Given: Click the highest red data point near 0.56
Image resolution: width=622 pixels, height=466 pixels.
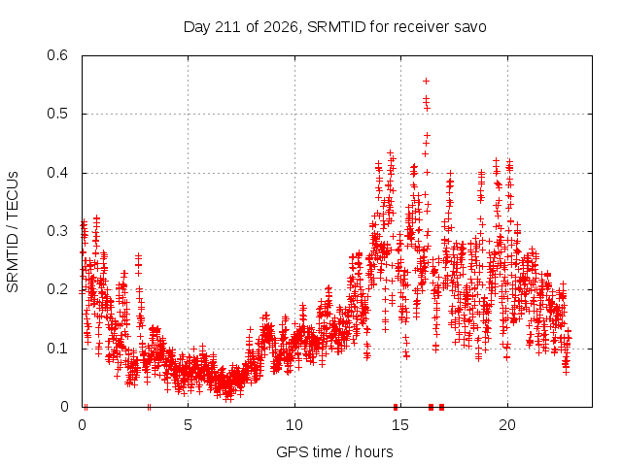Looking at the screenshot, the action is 427,82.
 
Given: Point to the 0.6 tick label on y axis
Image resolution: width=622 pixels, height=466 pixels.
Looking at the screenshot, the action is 57,55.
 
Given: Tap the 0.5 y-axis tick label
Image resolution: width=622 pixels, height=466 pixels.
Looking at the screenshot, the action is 57,114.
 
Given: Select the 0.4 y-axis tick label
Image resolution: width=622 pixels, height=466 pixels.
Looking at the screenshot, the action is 57,173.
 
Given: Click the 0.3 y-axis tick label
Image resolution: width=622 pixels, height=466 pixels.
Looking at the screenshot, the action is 57,231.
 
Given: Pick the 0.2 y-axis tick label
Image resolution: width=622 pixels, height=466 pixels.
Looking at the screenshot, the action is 57,289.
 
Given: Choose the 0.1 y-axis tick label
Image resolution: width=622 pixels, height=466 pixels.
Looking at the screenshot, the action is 57,349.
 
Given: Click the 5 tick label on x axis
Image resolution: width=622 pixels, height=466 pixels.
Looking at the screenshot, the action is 188,425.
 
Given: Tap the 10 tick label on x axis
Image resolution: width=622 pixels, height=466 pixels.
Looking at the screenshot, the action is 294,425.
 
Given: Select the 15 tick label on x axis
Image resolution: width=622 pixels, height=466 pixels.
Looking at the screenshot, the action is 400,425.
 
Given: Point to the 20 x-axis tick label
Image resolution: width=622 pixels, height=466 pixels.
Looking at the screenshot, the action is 507,425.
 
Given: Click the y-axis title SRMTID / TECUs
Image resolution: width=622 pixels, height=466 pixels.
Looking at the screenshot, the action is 13,232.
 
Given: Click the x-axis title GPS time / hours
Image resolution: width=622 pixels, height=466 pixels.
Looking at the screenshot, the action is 334,452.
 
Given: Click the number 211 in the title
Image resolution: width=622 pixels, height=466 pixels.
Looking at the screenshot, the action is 228,27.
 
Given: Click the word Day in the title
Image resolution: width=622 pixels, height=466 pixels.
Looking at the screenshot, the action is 197,27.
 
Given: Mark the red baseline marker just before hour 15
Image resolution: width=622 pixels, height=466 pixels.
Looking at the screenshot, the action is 396,407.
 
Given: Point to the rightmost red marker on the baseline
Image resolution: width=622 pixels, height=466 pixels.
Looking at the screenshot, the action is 441,407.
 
